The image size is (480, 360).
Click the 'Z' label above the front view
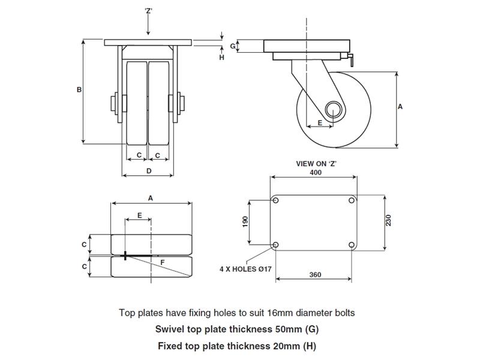click(148, 10)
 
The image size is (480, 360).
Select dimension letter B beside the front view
click(79, 90)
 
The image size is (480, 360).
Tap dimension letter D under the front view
click(148, 171)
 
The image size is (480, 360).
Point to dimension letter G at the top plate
click(233, 46)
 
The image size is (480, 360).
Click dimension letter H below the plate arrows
click(221, 58)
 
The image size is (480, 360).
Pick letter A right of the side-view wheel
click(401, 106)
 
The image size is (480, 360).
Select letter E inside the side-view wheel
click(319, 122)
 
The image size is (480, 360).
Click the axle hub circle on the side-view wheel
click(334, 109)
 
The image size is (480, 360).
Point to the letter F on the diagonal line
click(162, 263)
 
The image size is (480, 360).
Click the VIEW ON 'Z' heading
click(316, 163)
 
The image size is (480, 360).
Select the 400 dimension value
click(316, 172)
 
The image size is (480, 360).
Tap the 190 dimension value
click(245, 222)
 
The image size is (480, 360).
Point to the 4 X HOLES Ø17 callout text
click(246, 269)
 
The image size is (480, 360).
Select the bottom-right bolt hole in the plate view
click(352, 245)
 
